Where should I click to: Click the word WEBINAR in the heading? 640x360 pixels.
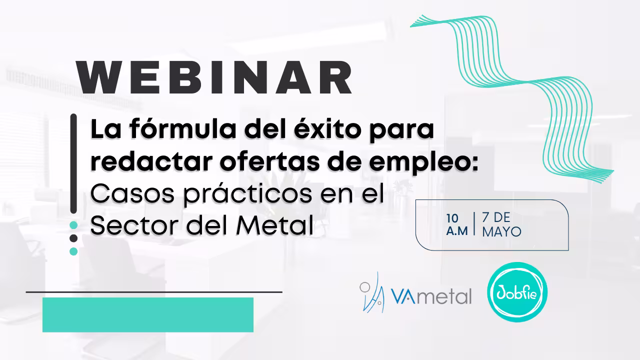[x=214, y=77]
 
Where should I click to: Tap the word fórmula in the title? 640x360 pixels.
[x=183, y=129]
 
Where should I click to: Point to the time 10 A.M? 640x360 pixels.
[x=457, y=225]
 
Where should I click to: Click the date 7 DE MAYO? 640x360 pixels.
[x=501, y=225]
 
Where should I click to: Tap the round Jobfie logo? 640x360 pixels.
[x=517, y=292]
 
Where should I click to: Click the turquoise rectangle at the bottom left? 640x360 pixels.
[x=148, y=315]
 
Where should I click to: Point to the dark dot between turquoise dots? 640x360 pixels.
[x=73, y=238]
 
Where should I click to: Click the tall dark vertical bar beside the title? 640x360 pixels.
[x=73, y=163]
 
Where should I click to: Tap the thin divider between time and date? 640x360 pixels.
[x=474, y=224]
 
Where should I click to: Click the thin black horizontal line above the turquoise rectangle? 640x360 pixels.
[x=154, y=292]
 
